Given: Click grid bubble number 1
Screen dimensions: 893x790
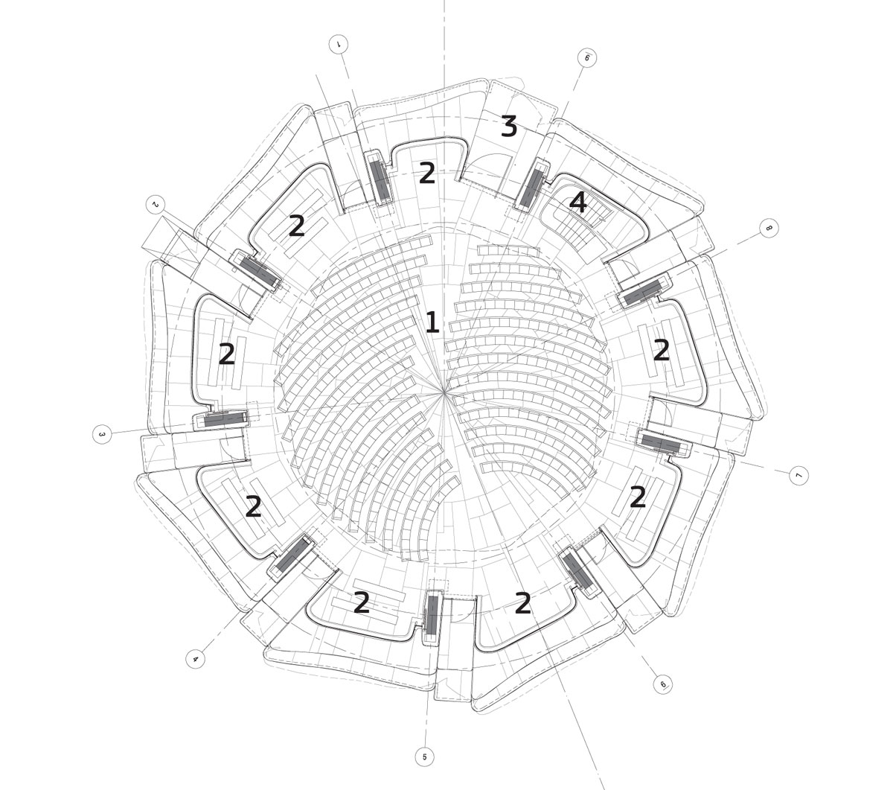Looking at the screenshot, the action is pos(339,44).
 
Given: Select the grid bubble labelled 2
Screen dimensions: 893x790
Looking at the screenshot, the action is pos(156,204).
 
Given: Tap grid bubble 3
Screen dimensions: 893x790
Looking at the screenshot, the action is pos(102,435).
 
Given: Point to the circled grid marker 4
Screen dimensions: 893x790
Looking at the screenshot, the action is pos(196,660).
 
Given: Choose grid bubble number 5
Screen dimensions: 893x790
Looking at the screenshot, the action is pos(424,757).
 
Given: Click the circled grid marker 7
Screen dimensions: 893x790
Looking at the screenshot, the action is pos(798,476).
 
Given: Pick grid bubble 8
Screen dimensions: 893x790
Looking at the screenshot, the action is pos(769,228).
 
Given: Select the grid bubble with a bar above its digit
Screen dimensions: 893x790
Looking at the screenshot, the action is pos(587,58).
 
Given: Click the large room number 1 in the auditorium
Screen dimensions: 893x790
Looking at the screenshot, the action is pos(432,322).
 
